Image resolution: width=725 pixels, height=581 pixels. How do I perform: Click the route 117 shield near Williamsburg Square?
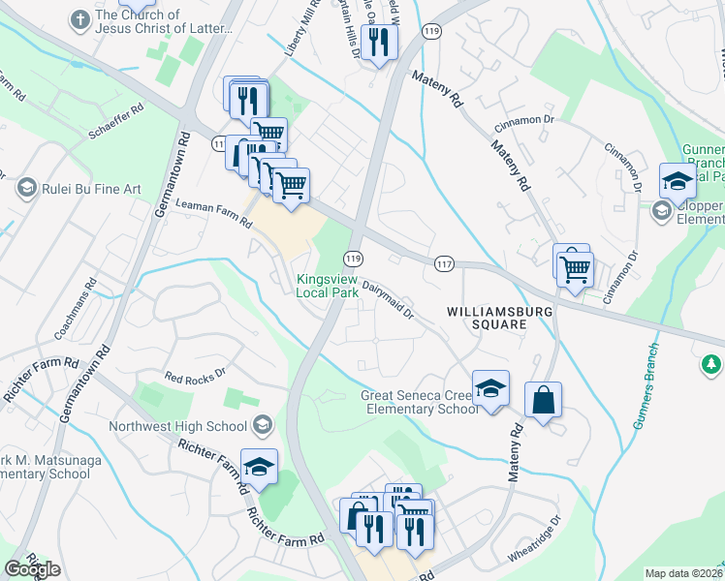coord(445,263)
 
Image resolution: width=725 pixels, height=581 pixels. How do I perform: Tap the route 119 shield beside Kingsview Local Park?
coord(353,259)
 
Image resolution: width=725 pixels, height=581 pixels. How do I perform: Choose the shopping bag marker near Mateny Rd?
coord(544,401)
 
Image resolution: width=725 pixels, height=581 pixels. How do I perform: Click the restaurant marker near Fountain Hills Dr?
coord(377,43)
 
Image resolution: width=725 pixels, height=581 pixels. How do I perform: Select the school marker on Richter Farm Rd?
coord(259,468)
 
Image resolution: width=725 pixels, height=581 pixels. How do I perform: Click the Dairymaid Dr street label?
coord(388,300)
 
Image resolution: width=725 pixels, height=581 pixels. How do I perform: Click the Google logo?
coord(32,569)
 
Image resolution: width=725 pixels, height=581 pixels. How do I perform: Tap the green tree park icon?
coord(711,364)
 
